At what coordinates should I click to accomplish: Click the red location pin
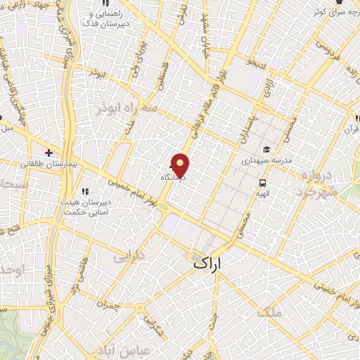(x=181, y=165)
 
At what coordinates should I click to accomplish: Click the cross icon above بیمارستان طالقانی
(x=49, y=152)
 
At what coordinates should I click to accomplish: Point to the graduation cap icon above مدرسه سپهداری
(x=266, y=149)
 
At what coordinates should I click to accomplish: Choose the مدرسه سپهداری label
(x=266, y=160)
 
